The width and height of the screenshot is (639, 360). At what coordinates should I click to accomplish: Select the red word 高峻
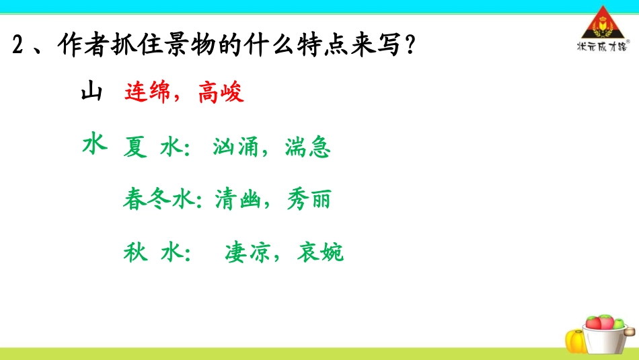(x=220, y=94)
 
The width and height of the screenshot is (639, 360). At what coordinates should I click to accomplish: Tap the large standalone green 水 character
(x=95, y=143)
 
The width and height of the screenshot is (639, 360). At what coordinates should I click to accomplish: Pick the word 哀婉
(x=321, y=252)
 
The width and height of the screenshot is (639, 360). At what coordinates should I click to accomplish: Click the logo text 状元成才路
(x=601, y=46)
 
